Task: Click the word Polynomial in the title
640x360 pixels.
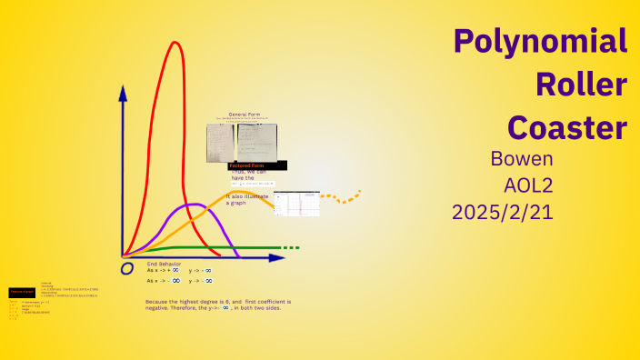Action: click(x=540, y=42)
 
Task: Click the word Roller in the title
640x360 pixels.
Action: click(x=582, y=85)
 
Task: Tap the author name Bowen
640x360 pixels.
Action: click(x=521, y=158)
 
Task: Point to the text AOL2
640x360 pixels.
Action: click(x=528, y=185)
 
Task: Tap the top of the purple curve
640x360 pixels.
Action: click(x=193, y=205)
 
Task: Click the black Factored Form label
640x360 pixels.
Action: click(x=258, y=165)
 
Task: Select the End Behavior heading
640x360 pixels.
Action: click(x=165, y=264)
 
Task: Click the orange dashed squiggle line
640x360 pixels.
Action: click(x=343, y=196)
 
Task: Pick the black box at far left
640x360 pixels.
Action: click(x=22, y=292)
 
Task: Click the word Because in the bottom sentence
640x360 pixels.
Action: click(x=159, y=301)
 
